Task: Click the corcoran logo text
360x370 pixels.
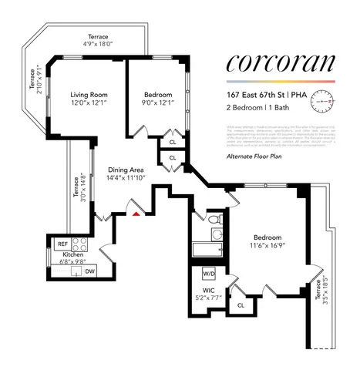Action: (x=281, y=63)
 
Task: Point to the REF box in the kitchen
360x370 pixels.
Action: (x=63, y=244)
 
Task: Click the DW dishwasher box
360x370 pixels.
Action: (x=90, y=271)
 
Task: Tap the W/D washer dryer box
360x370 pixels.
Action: (x=208, y=274)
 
